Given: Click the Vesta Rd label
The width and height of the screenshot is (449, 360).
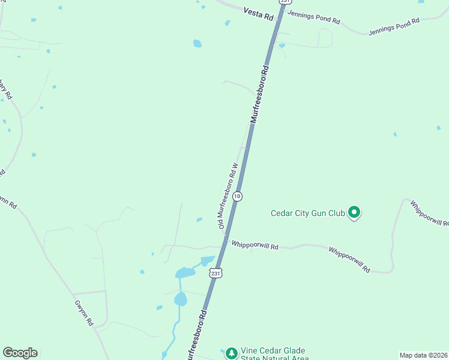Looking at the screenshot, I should point(258,13).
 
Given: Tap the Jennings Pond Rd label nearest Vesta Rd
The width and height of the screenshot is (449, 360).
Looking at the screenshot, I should point(313,17).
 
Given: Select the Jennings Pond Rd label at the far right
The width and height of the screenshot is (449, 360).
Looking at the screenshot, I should point(394,26).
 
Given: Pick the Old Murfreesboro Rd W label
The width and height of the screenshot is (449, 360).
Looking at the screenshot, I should point(229,194).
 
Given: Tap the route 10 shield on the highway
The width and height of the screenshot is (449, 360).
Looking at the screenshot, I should point(238,196).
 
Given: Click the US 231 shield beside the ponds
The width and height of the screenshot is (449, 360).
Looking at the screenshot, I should point(216,273).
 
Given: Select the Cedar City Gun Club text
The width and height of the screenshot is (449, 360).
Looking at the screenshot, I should point(307,212).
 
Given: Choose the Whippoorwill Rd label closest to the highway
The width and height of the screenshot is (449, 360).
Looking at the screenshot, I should point(255,246).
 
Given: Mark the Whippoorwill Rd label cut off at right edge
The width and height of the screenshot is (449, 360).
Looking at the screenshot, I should point(430,214).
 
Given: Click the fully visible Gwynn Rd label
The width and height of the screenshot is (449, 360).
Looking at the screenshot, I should point(84,312).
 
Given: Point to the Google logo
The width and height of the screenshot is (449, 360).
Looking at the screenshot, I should point(20,353).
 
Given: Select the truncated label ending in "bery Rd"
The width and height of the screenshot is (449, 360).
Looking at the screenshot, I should point(6,90).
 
